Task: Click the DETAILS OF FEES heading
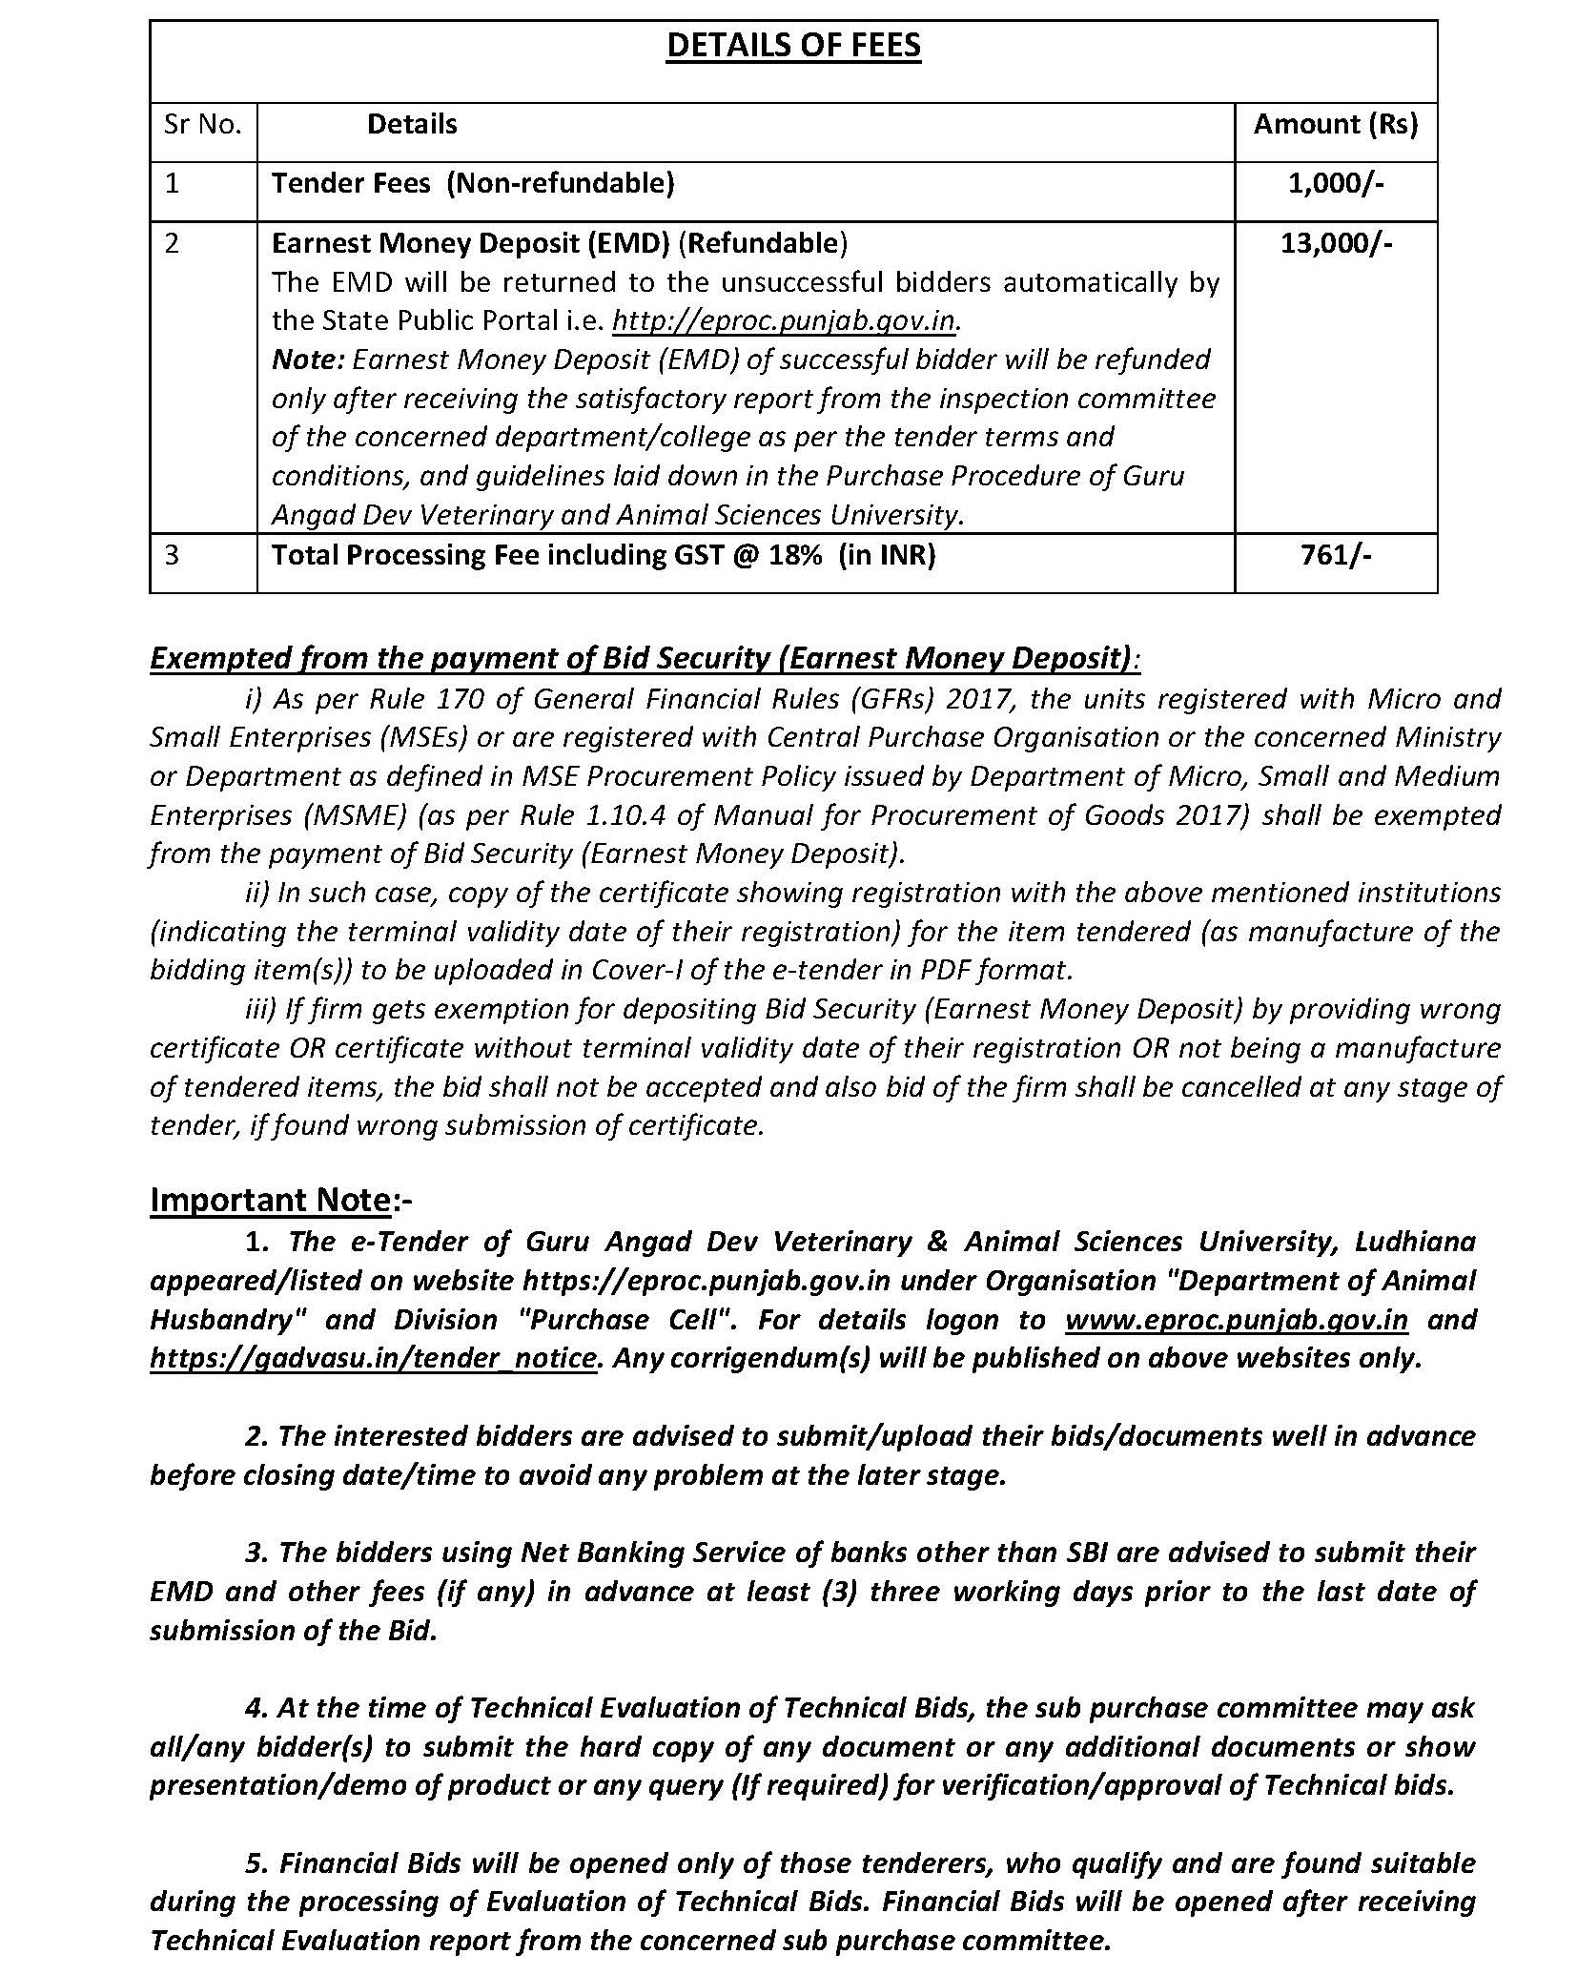coord(793,46)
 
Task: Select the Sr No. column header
coord(202,124)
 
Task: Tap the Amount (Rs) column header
coord(1335,124)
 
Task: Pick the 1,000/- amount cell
coord(1335,183)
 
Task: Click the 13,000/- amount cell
coord(1335,243)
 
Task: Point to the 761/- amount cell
coord(1335,555)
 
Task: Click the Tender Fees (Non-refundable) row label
coord(473,183)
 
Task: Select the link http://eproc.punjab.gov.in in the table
coord(783,320)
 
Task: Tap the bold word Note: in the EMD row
coord(308,360)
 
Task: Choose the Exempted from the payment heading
coord(644,658)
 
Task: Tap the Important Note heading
coord(270,1200)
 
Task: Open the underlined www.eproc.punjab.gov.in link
coord(1236,1320)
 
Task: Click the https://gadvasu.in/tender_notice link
coord(373,1358)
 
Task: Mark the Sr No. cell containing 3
coord(172,555)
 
